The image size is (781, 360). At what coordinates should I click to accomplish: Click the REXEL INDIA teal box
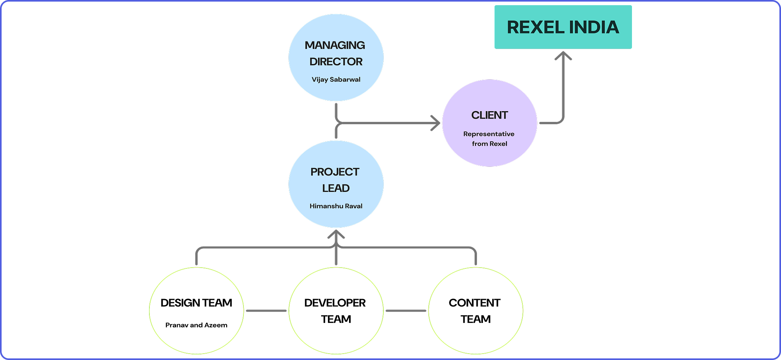[563, 27]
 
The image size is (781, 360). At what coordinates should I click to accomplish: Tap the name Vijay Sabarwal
[336, 79]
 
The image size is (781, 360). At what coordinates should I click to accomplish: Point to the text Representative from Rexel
[489, 139]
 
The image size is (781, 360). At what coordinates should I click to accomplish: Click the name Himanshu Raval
[336, 206]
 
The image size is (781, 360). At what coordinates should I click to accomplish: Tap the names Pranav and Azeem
[196, 325]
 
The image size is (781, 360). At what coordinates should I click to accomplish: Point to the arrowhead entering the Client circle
[436, 123]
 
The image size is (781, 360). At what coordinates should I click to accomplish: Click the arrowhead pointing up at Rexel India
[563, 56]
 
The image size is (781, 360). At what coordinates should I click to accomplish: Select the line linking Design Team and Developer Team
[266, 311]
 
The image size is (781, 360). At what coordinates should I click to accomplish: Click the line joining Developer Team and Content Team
[406, 311]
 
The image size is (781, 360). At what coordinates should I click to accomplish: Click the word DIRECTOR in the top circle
[336, 62]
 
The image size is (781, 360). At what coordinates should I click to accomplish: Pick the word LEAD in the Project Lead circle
[336, 188]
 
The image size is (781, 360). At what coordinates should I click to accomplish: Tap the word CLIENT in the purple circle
[489, 115]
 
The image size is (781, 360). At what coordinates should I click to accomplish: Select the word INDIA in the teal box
[594, 27]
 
